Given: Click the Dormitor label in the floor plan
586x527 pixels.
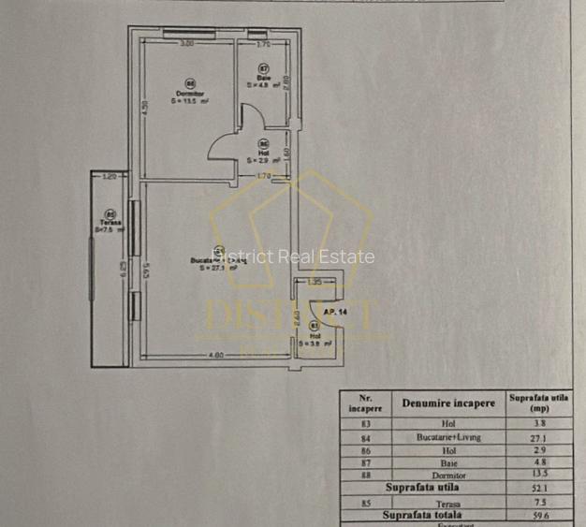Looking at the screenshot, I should coord(189,93).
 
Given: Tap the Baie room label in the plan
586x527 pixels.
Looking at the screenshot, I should coord(264,78).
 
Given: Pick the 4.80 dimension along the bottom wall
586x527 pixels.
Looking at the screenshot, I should coord(216,355).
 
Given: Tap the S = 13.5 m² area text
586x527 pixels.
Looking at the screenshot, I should coord(189,100).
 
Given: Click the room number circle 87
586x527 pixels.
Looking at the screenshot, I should coord(264,69).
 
